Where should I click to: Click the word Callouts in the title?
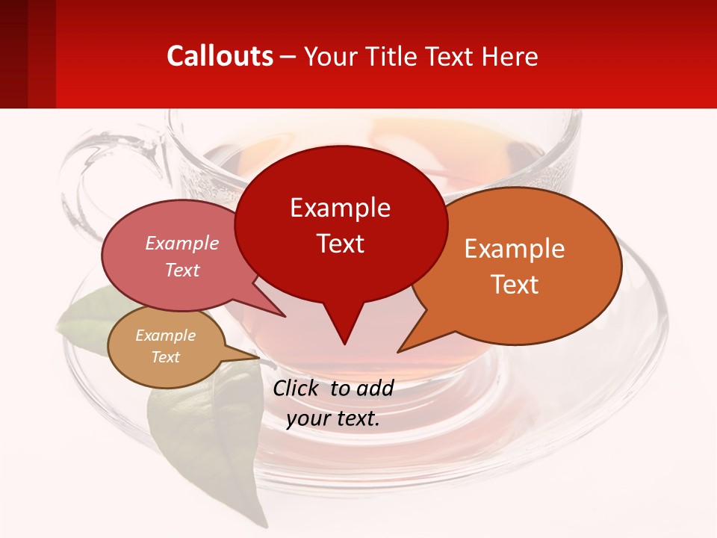click(220, 56)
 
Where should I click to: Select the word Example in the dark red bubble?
click(340, 208)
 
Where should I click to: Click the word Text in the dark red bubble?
click(340, 244)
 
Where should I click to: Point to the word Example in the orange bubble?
click(515, 249)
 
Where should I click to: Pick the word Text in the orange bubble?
click(515, 285)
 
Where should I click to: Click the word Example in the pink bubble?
click(182, 243)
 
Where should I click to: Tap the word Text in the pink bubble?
click(182, 270)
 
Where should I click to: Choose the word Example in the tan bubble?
click(165, 336)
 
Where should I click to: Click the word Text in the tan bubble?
click(165, 356)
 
